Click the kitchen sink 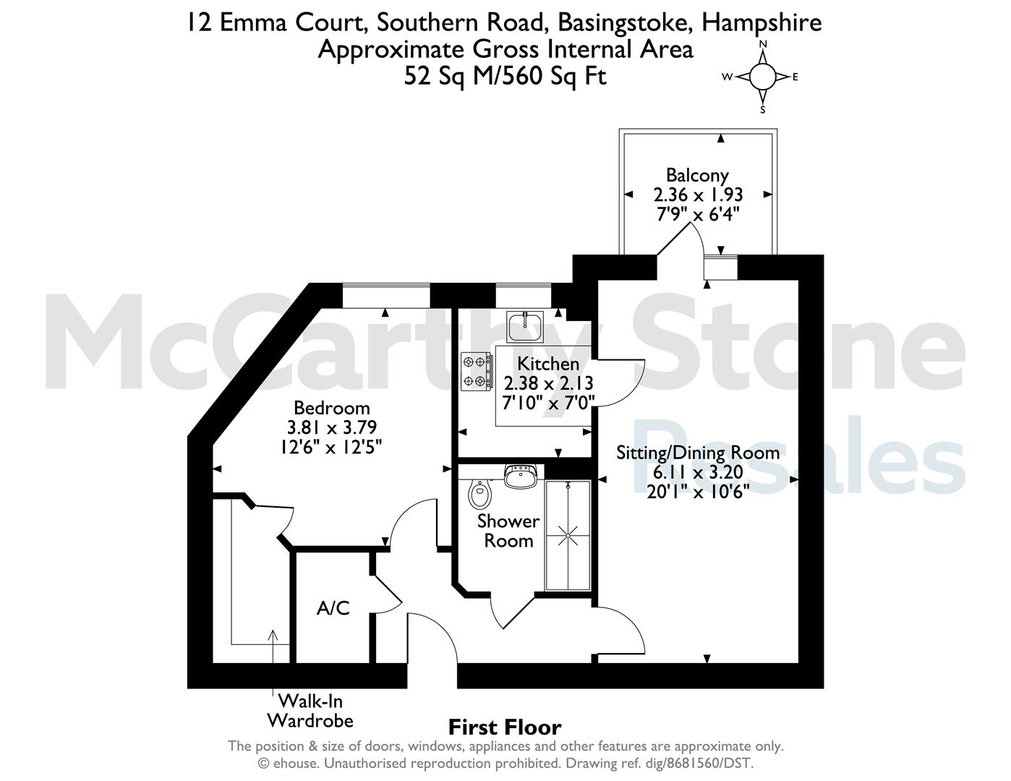[525, 327]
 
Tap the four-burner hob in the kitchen [477, 371]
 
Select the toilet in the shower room [479, 493]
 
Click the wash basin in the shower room [521, 476]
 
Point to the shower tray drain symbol [568, 535]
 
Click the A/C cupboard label [333, 608]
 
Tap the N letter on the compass [763, 44]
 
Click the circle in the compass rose [763, 77]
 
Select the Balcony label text [697, 176]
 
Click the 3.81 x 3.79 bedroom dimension [332, 427]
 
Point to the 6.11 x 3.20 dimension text [698, 472]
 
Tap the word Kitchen [548, 363]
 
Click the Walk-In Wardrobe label [310, 710]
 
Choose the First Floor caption [505, 727]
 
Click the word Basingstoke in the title [623, 23]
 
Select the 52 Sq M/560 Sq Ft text [505, 76]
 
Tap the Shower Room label [508, 531]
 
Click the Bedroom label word [332, 408]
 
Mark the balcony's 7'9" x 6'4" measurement [698, 215]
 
